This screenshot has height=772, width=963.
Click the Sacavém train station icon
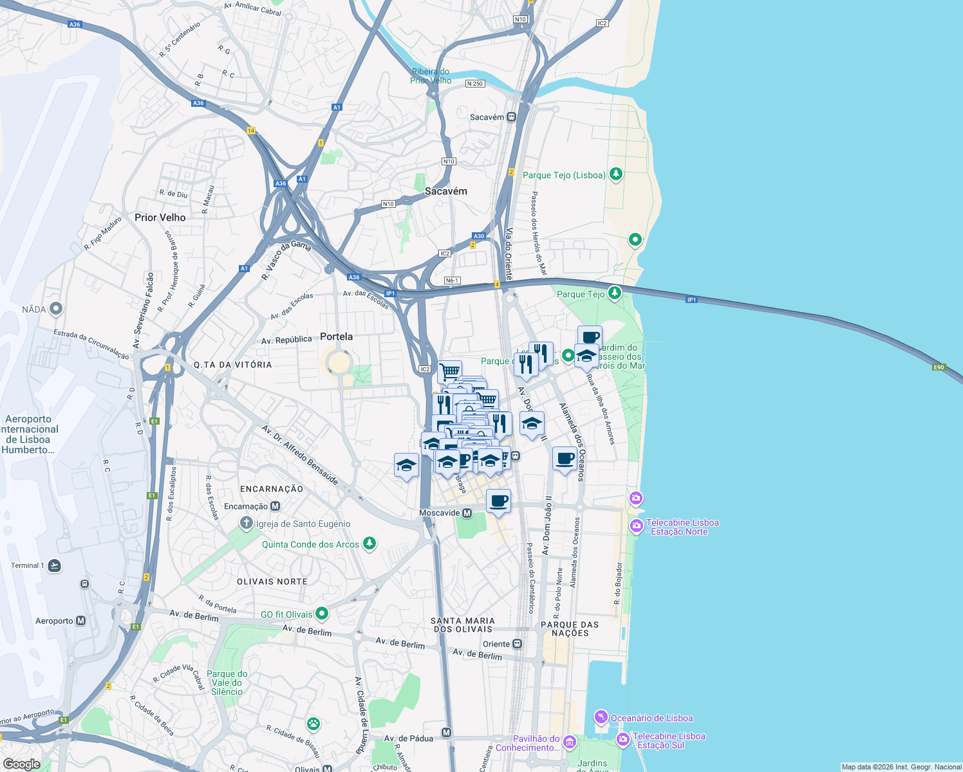coord(511,117)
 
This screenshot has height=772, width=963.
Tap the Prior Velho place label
coord(160,217)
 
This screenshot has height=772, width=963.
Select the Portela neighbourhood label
coord(336,336)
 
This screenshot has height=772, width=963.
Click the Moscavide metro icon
coord(467,513)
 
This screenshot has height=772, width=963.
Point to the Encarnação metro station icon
coord(276,506)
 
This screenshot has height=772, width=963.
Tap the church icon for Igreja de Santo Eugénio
coord(246,523)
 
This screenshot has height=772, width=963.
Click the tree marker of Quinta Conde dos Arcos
coord(369,544)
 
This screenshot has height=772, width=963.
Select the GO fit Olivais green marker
coord(322,614)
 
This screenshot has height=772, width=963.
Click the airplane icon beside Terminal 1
coord(55,565)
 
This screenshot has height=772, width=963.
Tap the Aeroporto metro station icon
coord(80,621)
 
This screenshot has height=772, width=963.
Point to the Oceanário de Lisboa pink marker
coord(601,717)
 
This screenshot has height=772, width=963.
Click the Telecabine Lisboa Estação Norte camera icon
coord(636,526)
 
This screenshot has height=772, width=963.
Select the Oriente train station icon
coord(517,644)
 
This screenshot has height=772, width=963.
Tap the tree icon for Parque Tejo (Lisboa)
coord(615,174)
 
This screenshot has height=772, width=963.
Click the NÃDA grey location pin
coord(56,309)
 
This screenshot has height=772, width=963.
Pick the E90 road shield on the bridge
coord(939,367)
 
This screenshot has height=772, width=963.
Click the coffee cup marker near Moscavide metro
coord(498,501)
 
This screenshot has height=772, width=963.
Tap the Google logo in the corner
coord(21,764)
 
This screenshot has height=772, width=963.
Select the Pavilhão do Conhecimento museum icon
coord(569,743)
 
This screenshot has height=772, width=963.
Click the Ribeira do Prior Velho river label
coord(431,76)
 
